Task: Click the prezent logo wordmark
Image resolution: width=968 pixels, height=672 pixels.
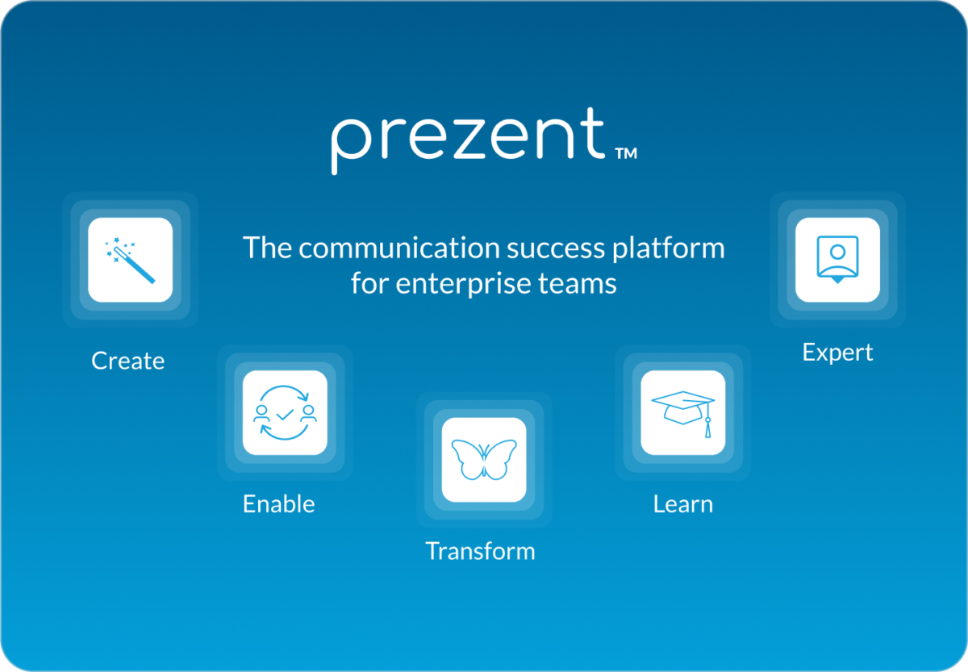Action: (469, 141)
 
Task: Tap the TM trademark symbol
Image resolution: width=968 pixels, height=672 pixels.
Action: (626, 153)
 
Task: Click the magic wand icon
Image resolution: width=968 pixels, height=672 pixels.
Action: (130, 260)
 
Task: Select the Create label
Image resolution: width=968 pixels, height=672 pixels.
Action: (128, 361)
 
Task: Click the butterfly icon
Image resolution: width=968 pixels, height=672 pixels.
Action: (484, 460)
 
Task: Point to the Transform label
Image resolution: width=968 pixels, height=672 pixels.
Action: (480, 552)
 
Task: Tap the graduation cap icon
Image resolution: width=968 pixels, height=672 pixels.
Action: (682, 414)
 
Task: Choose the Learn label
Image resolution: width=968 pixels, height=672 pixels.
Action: (682, 504)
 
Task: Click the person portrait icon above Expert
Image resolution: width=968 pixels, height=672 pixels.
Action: (837, 259)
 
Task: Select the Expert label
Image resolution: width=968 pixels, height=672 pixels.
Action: (837, 353)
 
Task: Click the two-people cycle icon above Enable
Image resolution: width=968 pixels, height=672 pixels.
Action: (285, 413)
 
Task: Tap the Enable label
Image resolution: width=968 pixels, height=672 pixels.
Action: (279, 504)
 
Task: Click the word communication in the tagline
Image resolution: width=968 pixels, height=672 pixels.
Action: (399, 248)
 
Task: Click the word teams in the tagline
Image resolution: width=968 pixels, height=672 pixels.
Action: (578, 284)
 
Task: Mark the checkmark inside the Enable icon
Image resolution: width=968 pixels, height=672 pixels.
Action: (285, 415)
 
